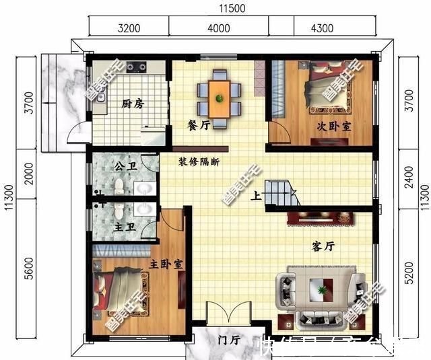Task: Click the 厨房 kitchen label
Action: click(x=133, y=104)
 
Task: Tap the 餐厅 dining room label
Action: click(x=199, y=124)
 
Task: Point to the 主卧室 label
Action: click(x=164, y=264)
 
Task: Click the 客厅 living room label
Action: click(x=324, y=247)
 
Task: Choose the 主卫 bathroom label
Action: click(x=126, y=228)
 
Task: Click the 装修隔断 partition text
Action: click(x=199, y=162)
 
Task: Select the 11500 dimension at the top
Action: click(x=232, y=8)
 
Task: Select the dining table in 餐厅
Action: click(x=220, y=96)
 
